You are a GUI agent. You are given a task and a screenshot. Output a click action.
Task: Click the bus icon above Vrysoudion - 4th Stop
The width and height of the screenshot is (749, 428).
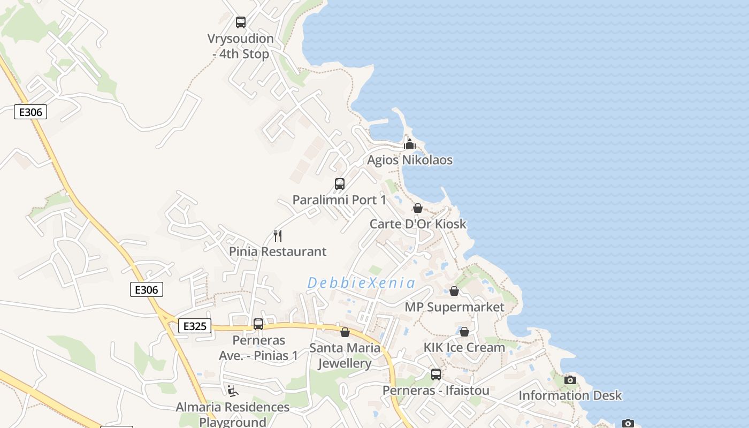pyautogui.click(x=241, y=22)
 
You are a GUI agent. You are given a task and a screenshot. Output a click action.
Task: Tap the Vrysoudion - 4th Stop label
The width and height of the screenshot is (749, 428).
pyautogui.click(x=241, y=46)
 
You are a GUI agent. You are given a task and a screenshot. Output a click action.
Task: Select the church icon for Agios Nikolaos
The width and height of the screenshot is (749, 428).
pyautogui.click(x=410, y=144)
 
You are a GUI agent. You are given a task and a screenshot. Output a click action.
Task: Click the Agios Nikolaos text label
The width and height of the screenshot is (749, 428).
pyautogui.click(x=410, y=160)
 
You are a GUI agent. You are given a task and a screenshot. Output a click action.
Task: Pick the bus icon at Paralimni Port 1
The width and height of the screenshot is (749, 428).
pyautogui.click(x=340, y=184)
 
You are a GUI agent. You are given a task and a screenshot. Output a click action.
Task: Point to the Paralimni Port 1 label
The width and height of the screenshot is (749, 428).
pyautogui.click(x=339, y=200)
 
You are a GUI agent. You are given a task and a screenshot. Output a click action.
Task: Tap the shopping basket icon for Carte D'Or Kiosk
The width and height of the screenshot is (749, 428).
pyautogui.click(x=418, y=208)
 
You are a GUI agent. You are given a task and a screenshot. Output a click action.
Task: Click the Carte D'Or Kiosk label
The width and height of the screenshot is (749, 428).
pyautogui.click(x=418, y=224)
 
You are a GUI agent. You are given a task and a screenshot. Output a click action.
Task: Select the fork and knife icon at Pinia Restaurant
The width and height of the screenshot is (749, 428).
pyautogui.click(x=278, y=236)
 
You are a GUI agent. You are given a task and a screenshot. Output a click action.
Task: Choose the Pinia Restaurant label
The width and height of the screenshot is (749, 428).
pyautogui.click(x=278, y=251)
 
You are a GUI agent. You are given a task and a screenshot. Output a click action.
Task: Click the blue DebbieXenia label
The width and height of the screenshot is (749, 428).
pyautogui.click(x=361, y=283)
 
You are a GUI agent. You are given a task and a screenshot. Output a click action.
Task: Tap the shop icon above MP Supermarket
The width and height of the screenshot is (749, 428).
pyautogui.click(x=454, y=291)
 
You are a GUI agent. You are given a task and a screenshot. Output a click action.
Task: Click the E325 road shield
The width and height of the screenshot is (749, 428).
pyautogui.click(x=195, y=326)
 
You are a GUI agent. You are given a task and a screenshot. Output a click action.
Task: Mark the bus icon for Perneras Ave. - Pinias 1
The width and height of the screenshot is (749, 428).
pyautogui.click(x=258, y=324)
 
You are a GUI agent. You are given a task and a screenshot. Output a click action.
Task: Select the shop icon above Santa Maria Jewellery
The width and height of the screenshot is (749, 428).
pyautogui.click(x=345, y=332)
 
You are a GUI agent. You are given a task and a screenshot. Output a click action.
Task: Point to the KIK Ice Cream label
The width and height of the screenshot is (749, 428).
pyautogui.click(x=464, y=347)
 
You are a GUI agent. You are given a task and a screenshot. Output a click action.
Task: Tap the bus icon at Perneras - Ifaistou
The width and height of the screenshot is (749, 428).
pyautogui.click(x=436, y=374)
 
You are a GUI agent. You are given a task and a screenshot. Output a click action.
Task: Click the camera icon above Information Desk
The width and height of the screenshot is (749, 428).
pyautogui.click(x=570, y=380)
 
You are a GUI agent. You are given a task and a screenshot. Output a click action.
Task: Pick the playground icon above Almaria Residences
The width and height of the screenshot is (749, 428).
pyautogui.click(x=233, y=391)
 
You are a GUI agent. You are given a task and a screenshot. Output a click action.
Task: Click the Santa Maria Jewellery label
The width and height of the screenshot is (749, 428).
pyautogui.click(x=345, y=356)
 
